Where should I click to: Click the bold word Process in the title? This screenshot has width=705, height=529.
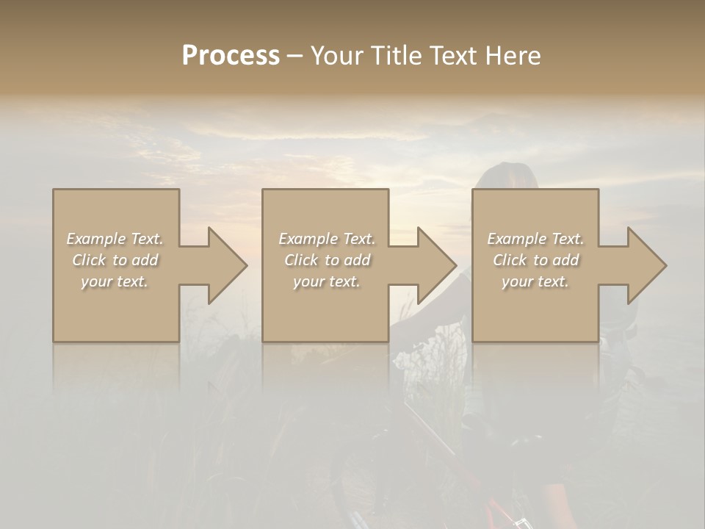231,56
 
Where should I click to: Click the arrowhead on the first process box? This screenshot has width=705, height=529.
224,265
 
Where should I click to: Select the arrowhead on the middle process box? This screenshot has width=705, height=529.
434,265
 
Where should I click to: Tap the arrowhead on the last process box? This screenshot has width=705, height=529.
644,265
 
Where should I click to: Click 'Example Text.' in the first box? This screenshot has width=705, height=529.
115,239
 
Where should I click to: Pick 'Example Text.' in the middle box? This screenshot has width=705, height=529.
327,239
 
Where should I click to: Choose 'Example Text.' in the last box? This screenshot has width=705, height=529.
535,239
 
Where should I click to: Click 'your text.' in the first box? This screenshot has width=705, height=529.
115,281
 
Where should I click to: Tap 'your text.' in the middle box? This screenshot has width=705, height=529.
327,281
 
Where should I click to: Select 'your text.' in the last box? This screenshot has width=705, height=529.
535,281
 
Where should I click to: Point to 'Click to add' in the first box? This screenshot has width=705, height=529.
115,260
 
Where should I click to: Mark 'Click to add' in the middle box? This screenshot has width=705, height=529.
327,260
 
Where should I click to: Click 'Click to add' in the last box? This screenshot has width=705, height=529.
535,260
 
